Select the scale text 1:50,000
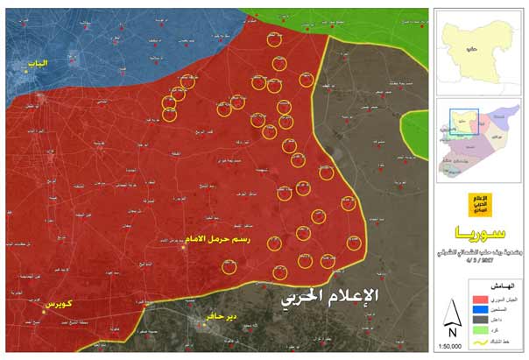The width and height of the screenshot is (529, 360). point(449,347)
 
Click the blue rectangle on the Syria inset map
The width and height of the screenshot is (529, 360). point(464,122)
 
